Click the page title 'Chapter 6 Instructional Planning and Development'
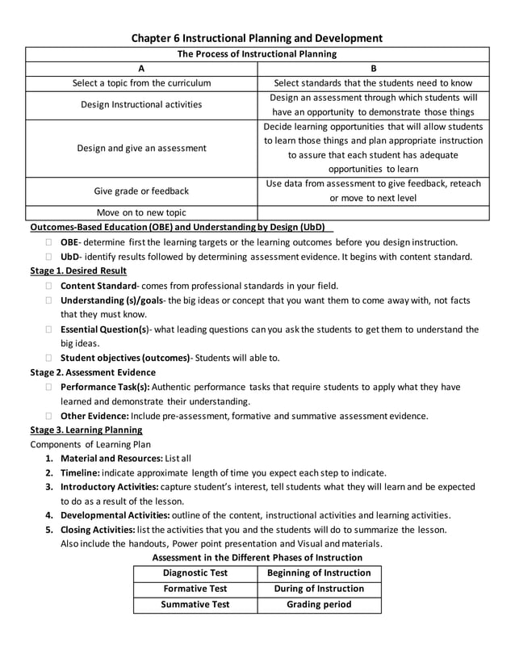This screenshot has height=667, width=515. pos(257,38)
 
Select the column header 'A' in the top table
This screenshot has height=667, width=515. pos(141,69)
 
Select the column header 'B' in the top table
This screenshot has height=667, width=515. pos(374,69)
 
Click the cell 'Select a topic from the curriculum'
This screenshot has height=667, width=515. pos(141,83)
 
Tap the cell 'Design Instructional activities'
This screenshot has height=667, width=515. pos(141,105)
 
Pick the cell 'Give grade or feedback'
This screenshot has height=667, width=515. pos(141,191)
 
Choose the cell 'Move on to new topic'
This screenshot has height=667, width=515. pos(141,212)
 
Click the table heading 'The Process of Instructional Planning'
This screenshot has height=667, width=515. pos(257,54)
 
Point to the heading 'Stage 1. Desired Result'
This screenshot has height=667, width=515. pos(78,271)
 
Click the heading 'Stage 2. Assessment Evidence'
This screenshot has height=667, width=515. pos(93,372)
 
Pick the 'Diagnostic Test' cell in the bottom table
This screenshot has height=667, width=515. pos(195,573)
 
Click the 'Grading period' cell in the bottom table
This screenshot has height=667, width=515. pos(319,604)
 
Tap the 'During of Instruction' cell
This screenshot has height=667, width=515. pos(319,589)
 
